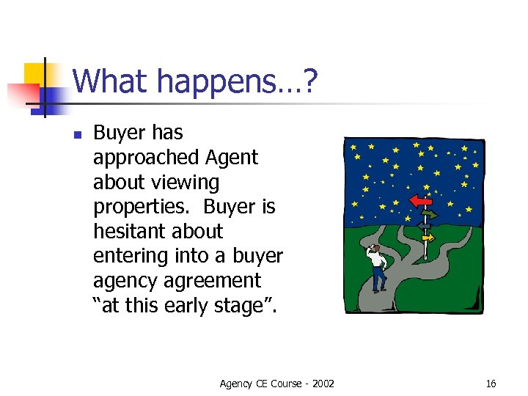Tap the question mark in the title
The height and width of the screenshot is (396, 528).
311,81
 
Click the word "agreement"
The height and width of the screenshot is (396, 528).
218,281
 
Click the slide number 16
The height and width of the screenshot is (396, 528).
491,384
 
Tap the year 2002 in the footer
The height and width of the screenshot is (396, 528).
323,384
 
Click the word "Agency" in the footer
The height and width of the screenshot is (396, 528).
235,384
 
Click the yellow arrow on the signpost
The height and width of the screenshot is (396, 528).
427,238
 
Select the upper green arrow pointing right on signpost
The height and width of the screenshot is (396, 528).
429,215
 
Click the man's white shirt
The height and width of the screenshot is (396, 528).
378,260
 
